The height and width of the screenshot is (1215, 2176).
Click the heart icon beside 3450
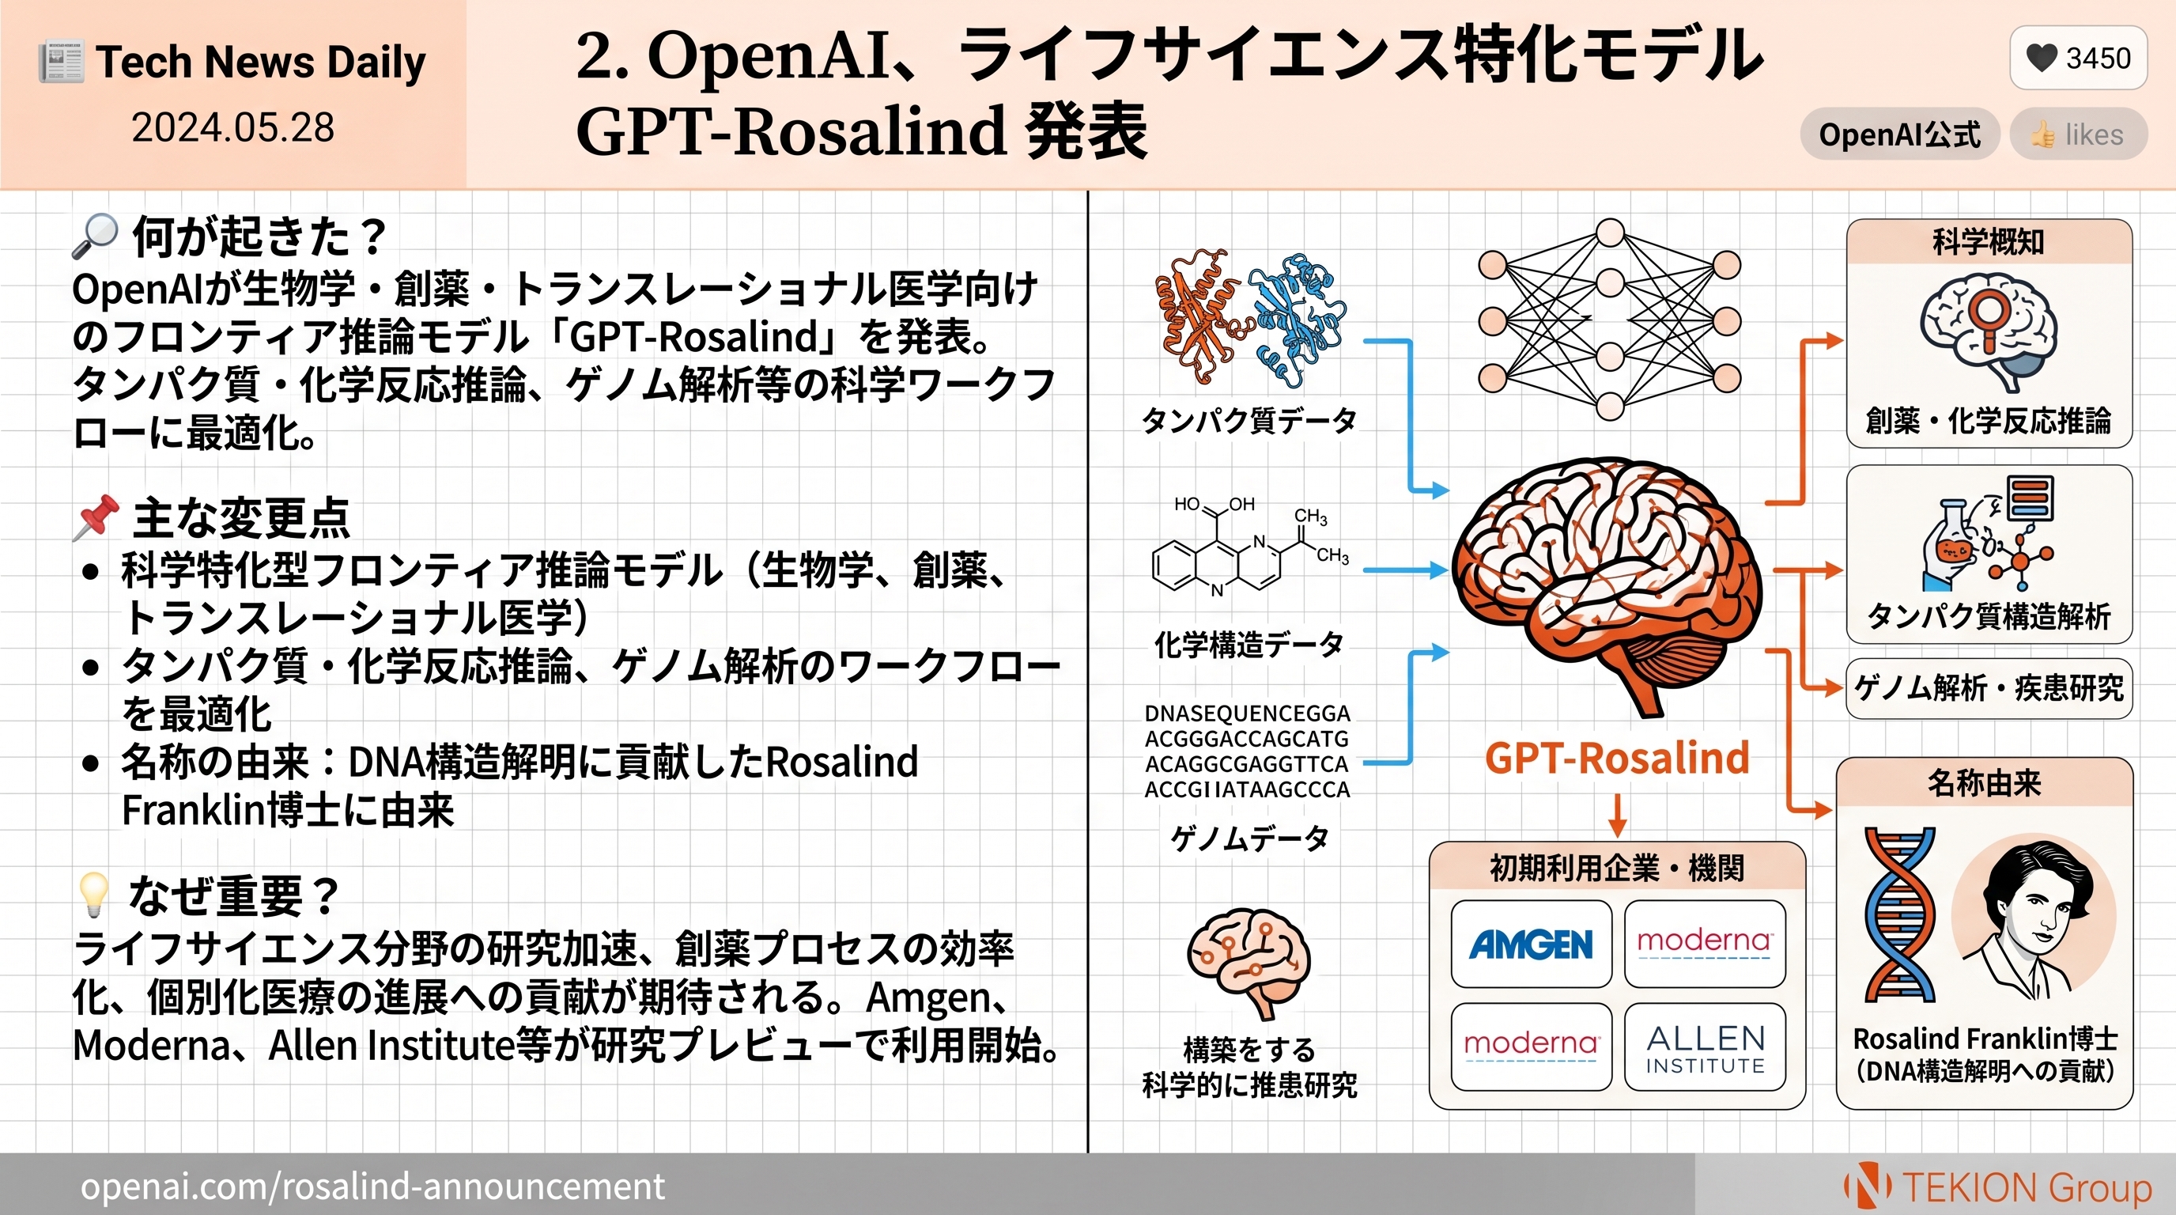click(x=2042, y=58)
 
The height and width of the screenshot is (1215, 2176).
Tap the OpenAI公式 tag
click(x=1899, y=134)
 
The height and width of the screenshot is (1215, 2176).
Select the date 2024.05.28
click(x=233, y=127)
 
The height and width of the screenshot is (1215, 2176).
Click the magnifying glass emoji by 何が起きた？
click(x=94, y=236)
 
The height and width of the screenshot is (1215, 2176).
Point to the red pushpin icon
click(x=96, y=517)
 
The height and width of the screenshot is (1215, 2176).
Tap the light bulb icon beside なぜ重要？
click(x=93, y=894)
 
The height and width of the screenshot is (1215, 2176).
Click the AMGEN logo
click(x=1531, y=944)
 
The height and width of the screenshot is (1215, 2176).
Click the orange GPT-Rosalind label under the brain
click(x=1617, y=757)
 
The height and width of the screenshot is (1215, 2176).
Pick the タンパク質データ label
click(x=1249, y=420)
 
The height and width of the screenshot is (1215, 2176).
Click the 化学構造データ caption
click(x=1249, y=644)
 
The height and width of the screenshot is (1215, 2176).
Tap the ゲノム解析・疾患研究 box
click(x=1989, y=687)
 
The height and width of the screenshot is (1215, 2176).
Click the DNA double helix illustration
click(x=1900, y=915)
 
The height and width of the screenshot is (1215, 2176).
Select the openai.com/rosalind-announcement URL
click(x=372, y=1187)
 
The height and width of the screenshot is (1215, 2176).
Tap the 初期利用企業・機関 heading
click(x=1617, y=868)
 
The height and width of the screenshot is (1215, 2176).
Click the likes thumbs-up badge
click(x=2078, y=134)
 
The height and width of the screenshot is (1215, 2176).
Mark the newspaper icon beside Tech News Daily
click(x=61, y=63)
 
